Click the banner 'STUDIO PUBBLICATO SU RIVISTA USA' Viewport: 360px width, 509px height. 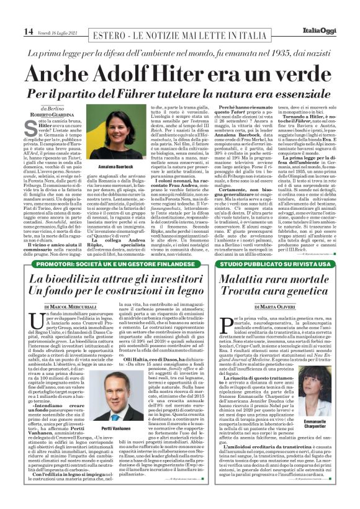pos(271,264)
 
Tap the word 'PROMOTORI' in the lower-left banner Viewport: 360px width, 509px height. pos(55,264)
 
